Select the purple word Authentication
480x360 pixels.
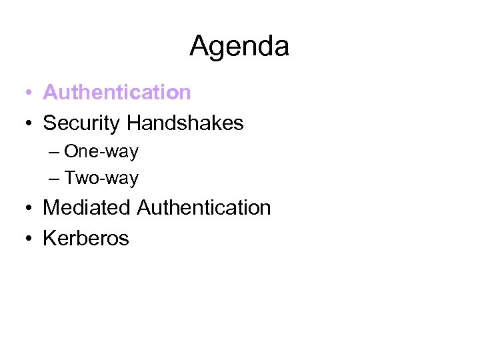click(117, 92)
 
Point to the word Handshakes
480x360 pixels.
click(185, 123)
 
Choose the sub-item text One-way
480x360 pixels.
click(101, 151)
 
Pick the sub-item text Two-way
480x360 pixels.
click(101, 178)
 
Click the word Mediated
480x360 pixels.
click(87, 207)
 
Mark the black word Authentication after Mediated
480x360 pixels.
click(204, 207)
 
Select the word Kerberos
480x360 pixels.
click(86, 238)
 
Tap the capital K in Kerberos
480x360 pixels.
click(49, 238)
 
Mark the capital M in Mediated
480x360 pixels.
click(51, 207)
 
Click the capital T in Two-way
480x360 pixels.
click(69, 178)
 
